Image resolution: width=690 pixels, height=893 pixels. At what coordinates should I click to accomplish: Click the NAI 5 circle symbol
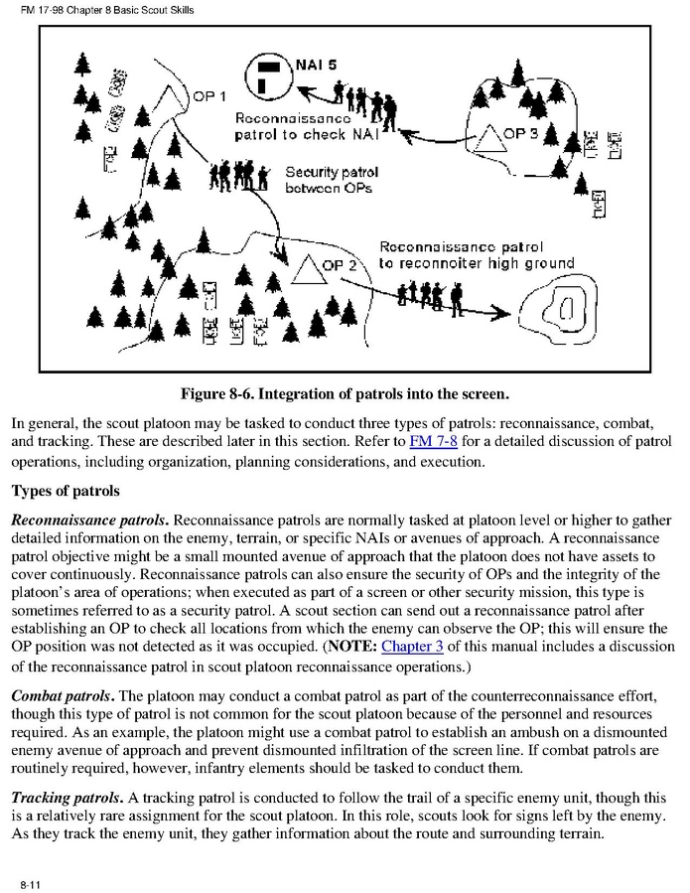(x=270, y=71)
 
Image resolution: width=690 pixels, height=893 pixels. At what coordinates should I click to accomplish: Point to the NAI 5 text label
(x=316, y=66)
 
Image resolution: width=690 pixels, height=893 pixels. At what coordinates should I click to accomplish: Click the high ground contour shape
(x=565, y=307)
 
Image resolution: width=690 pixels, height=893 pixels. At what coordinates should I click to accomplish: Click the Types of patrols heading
(x=66, y=491)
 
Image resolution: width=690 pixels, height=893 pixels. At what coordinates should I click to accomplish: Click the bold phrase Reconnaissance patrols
(x=90, y=521)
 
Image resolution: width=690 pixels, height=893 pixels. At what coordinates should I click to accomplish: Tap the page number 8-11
(x=28, y=883)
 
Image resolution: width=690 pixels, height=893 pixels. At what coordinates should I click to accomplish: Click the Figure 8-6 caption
(x=345, y=394)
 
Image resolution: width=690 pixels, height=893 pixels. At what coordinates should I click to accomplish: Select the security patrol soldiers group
(x=238, y=175)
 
